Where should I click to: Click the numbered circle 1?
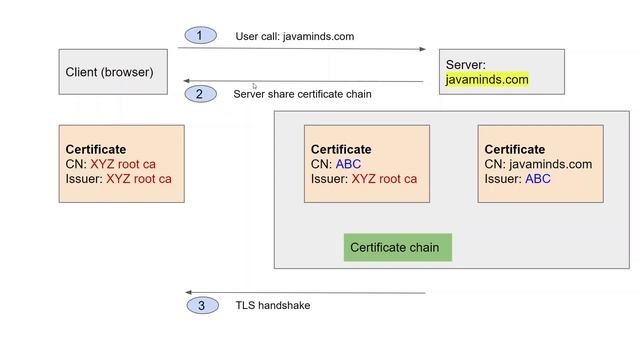click(x=199, y=36)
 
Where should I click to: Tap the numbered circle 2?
click(x=199, y=94)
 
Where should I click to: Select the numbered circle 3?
click(x=201, y=305)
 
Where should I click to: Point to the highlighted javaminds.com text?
click(x=487, y=79)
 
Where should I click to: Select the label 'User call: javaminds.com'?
click(x=295, y=37)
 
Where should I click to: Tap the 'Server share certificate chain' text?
click(x=303, y=94)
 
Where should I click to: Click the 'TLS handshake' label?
click(x=272, y=305)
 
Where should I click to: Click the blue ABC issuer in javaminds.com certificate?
click(x=538, y=179)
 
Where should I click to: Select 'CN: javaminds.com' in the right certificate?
click(x=538, y=164)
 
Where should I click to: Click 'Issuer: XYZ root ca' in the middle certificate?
click(x=363, y=179)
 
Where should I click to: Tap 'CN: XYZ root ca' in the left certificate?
click(x=110, y=164)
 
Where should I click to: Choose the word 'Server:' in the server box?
click(x=465, y=64)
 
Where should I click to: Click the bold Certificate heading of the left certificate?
click(x=96, y=149)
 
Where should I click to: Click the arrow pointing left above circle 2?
click(x=300, y=82)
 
